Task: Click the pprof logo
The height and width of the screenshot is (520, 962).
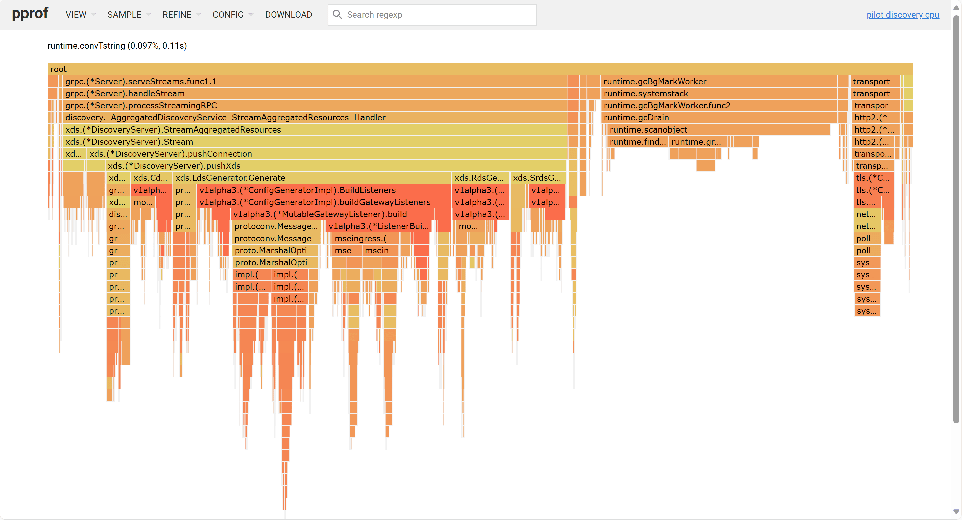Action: tap(30, 14)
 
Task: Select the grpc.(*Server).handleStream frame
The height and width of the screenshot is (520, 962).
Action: tap(314, 93)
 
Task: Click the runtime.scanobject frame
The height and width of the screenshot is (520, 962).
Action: tap(715, 129)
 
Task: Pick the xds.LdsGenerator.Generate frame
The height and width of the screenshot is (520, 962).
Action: tap(312, 178)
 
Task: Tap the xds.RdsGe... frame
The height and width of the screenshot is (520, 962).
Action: tap(480, 178)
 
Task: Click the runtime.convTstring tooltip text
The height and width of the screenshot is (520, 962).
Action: tap(117, 46)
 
